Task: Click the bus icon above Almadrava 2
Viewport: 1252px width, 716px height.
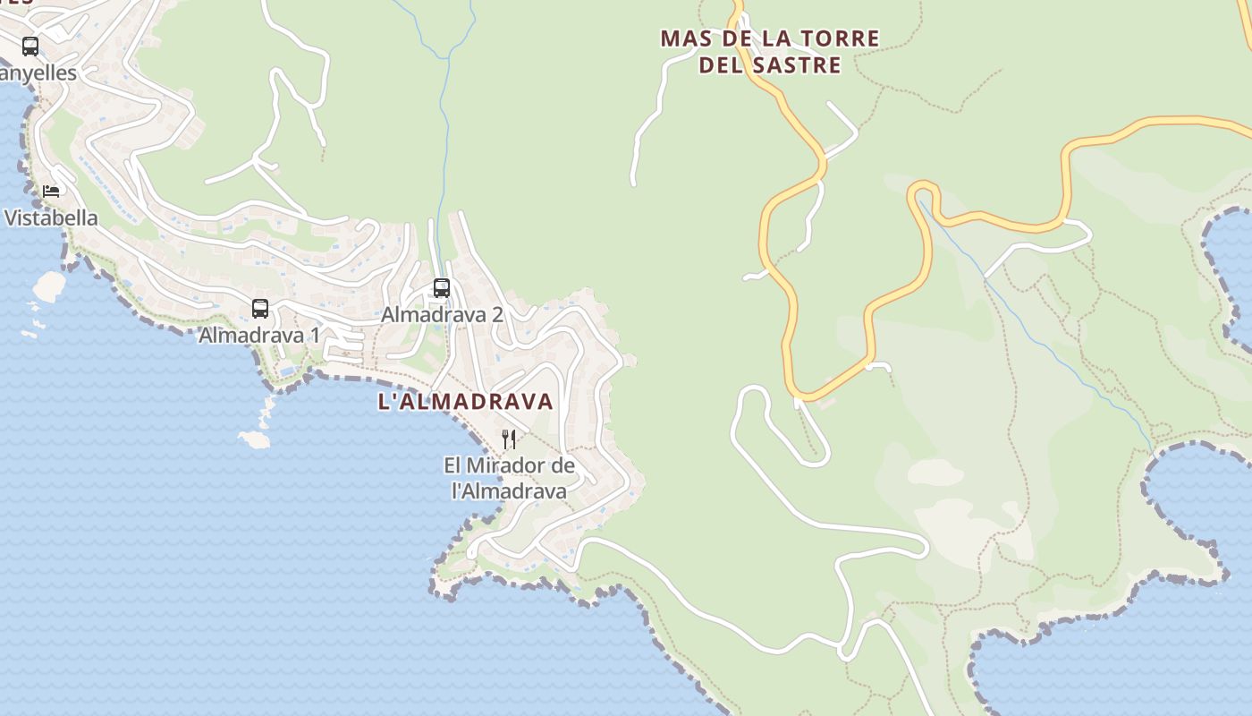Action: coord(442,288)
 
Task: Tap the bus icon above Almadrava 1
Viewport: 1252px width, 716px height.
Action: coord(260,309)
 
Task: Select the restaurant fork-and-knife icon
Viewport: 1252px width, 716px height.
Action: coord(509,439)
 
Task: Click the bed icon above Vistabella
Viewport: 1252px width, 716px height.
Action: coord(51,192)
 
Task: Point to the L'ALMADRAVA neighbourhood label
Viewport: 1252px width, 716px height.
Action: coord(465,402)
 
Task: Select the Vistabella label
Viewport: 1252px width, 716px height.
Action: coord(51,217)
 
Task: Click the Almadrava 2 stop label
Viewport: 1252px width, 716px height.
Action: coord(442,315)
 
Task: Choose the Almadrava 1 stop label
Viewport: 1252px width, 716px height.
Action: coord(259,336)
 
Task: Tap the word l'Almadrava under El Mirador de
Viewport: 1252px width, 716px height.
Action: coord(509,491)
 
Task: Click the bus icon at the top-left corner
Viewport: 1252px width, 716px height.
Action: coord(30,46)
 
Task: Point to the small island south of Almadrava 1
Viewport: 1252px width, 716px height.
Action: coord(255,439)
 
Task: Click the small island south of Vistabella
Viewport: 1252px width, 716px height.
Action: coord(49,286)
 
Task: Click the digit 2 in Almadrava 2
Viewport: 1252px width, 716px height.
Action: coord(497,315)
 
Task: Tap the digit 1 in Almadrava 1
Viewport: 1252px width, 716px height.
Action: coord(314,336)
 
